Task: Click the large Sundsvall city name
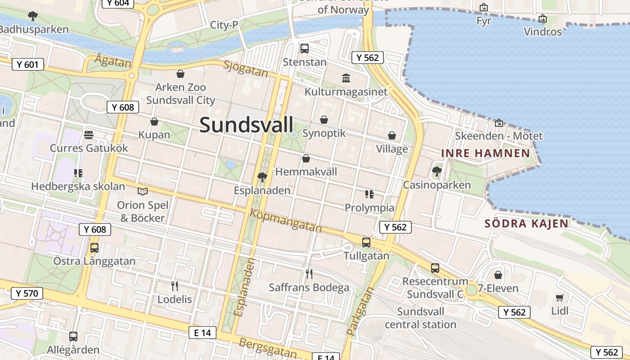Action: [246, 125]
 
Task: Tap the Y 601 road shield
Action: [27, 64]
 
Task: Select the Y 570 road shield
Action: [27, 294]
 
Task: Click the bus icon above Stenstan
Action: [305, 48]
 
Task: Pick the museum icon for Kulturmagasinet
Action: [346, 78]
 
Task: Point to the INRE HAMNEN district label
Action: [486, 153]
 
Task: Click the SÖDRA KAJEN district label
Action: [526, 223]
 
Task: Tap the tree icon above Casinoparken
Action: [436, 171]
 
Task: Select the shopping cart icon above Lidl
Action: [559, 297]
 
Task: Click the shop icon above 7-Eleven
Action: [498, 274]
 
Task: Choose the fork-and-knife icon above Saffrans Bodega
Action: [309, 274]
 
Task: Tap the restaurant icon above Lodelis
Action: [175, 285]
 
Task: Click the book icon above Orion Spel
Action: [143, 192]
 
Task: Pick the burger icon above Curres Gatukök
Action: [89, 135]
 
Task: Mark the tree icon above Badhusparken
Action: [33, 16]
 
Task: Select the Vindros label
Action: [543, 32]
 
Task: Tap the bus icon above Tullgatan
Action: [366, 243]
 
